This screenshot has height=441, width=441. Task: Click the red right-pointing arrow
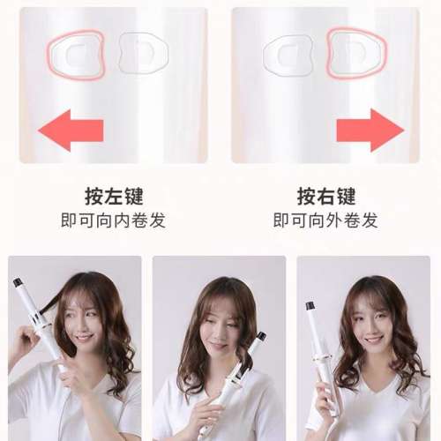point(370,130)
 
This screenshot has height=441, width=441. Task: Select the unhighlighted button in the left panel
point(141,53)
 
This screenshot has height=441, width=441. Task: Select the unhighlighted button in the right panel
point(288,54)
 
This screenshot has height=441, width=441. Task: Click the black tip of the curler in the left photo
point(17,283)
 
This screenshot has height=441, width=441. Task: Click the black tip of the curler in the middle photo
point(260,336)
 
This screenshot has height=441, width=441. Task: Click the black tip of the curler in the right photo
point(310,306)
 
